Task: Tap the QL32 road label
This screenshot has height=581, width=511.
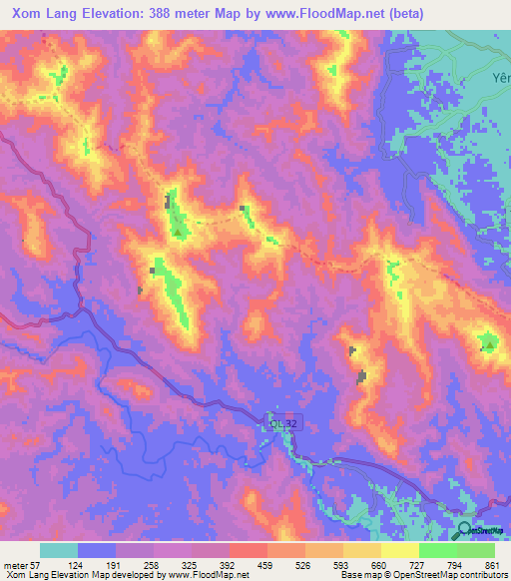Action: pos(282,423)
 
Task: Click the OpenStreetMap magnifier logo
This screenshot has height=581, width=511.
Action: pos(463,530)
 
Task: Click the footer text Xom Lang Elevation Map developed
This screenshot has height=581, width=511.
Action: pos(75,575)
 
